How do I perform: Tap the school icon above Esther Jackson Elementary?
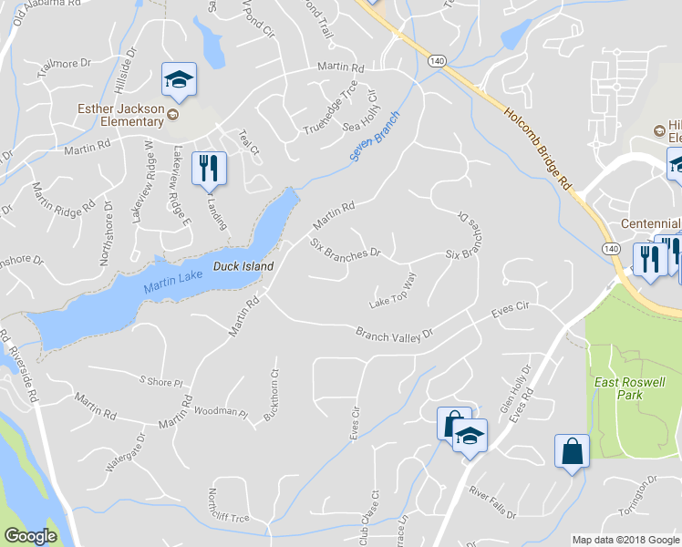pyautogui.click(x=180, y=80)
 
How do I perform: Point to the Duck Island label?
pyautogui.click(x=243, y=266)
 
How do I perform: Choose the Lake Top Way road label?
pyautogui.click(x=392, y=291)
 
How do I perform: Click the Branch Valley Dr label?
pyautogui.click(x=393, y=336)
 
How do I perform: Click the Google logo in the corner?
pyautogui.click(x=30, y=536)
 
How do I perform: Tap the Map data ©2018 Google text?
pyautogui.click(x=626, y=540)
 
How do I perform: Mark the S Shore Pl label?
pyautogui.click(x=160, y=381)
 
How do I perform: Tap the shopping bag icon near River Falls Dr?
pyautogui.click(x=572, y=452)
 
